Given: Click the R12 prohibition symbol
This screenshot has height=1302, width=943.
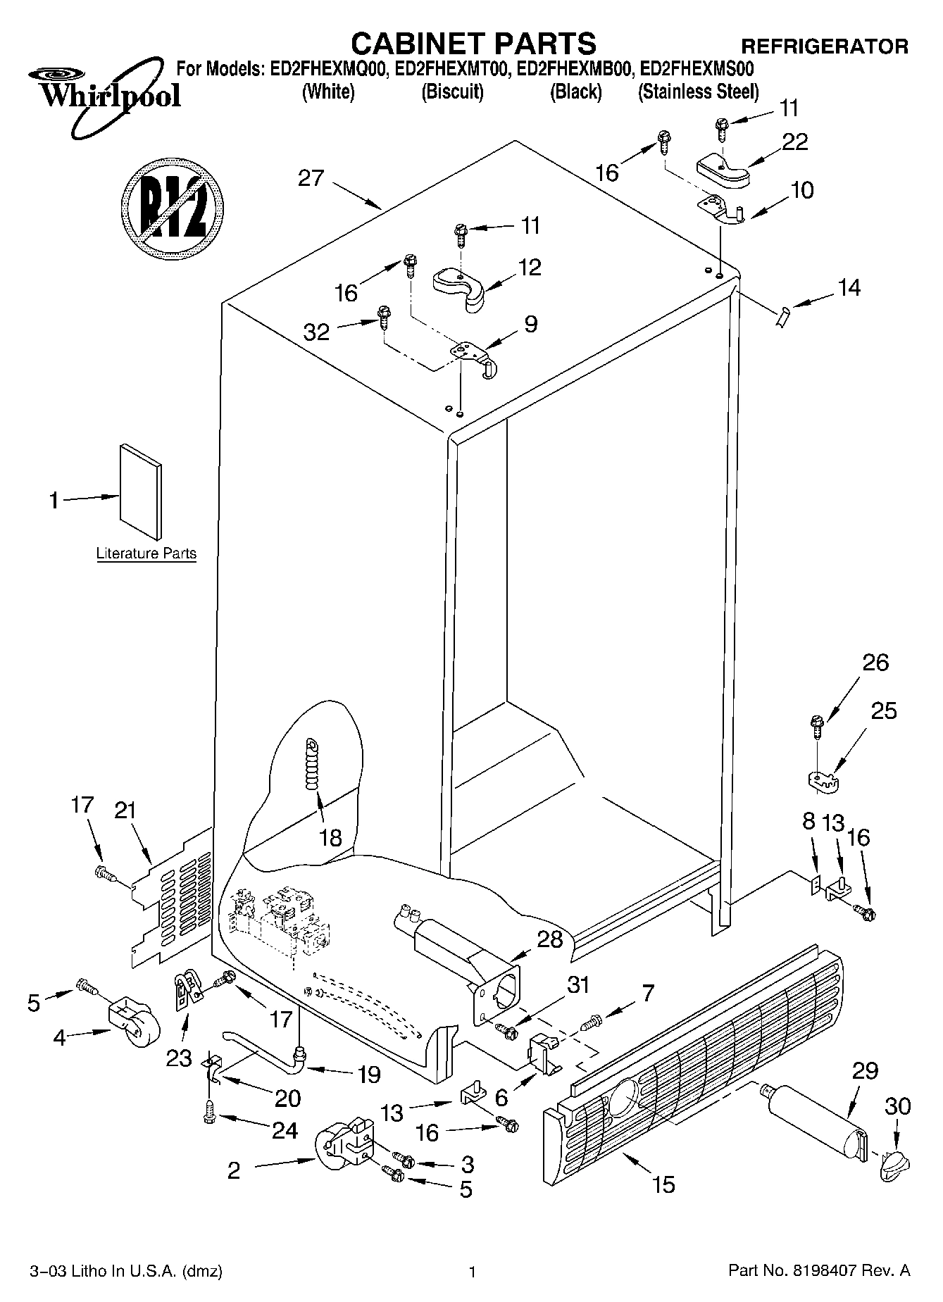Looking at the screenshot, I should point(173,204).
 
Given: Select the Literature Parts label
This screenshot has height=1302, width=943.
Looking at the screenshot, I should point(146,553).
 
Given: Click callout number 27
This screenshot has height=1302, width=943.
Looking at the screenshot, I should point(311,177).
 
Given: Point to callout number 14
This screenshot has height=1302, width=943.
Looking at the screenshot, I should point(849,287).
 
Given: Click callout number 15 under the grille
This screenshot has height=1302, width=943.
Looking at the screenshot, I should point(663,1184).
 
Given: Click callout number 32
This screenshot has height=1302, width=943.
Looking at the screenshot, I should point(316,332).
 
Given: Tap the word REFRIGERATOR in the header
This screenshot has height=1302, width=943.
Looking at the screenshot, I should point(825,47).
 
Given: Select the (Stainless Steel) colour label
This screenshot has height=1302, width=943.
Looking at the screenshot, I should point(698,92).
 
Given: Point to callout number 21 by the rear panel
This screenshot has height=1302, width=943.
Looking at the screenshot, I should point(125,810).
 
